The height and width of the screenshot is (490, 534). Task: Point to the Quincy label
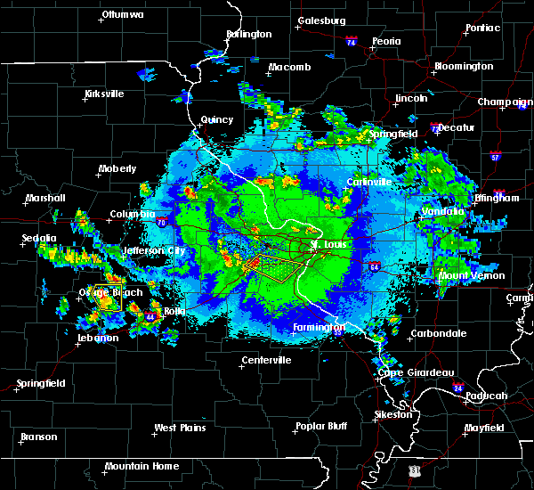pos(217,119)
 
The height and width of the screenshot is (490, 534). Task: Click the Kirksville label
pos(104,94)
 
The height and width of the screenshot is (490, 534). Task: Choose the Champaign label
pos(505,102)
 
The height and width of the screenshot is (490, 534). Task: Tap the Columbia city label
pos(133,214)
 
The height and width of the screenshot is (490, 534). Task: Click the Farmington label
pos(319,327)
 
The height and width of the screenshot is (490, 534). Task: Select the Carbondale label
pos(438,334)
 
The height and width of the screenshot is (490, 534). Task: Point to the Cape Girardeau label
pos(417,372)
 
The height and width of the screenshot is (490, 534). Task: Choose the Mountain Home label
pos(142,466)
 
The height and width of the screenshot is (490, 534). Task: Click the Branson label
pos(38,437)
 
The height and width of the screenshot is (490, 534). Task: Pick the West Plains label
pos(178,428)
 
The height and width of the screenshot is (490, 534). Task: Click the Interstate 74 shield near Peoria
pos(351,42)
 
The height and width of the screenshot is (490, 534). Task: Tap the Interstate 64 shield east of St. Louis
pos(374,265)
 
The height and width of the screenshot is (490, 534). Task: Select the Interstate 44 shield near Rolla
pos(150,317)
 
